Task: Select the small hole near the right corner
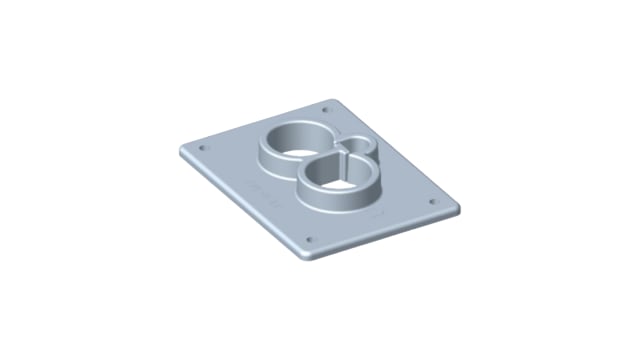(434, 200)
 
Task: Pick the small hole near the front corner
(308, 241)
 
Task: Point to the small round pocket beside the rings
(356, 150)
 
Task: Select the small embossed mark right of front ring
(376, 213)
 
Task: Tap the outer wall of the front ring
(330, 201)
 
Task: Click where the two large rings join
(318, 158)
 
